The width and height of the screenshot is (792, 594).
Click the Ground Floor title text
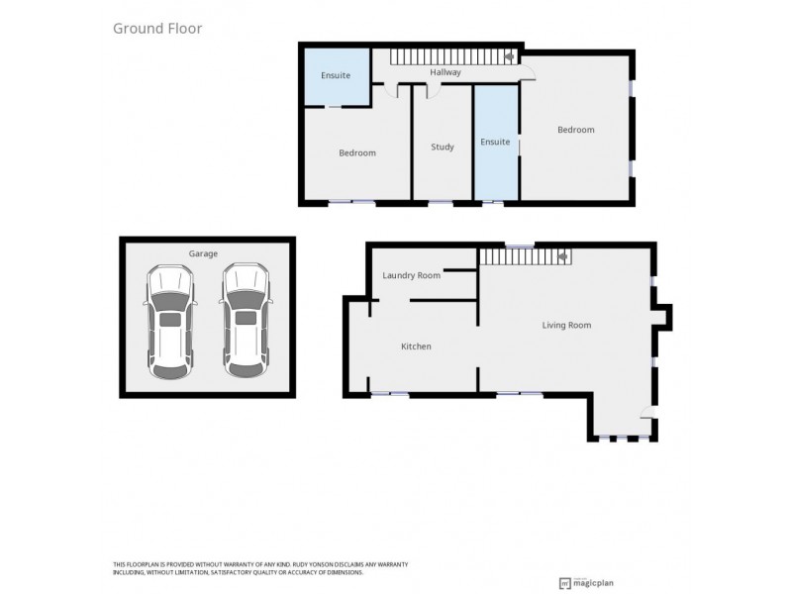coord(157,29)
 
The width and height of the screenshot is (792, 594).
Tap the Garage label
coord(203,253)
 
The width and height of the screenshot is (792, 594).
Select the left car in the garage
coord(170,320)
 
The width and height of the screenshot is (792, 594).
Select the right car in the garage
coord(246,320)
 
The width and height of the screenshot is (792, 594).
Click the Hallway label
coord(445,72)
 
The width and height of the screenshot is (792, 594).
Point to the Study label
coord(443,147)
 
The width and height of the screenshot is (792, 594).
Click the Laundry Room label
coord(411,275)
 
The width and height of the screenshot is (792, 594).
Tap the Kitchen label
coord(416,346)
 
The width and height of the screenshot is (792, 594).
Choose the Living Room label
coord(566,325)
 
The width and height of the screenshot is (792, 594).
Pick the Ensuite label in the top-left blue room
coord(336,75)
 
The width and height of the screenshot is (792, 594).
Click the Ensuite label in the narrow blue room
coord(495,142)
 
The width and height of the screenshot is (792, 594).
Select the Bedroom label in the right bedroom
coord(575,130)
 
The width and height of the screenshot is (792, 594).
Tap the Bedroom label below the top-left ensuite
coord(357,152)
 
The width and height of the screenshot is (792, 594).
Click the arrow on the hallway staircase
coord(509,57)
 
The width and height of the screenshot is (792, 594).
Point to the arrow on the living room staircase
coord(562,256)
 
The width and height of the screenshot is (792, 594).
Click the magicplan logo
coord(594,583)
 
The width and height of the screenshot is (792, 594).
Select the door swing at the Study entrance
coord(434,91)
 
